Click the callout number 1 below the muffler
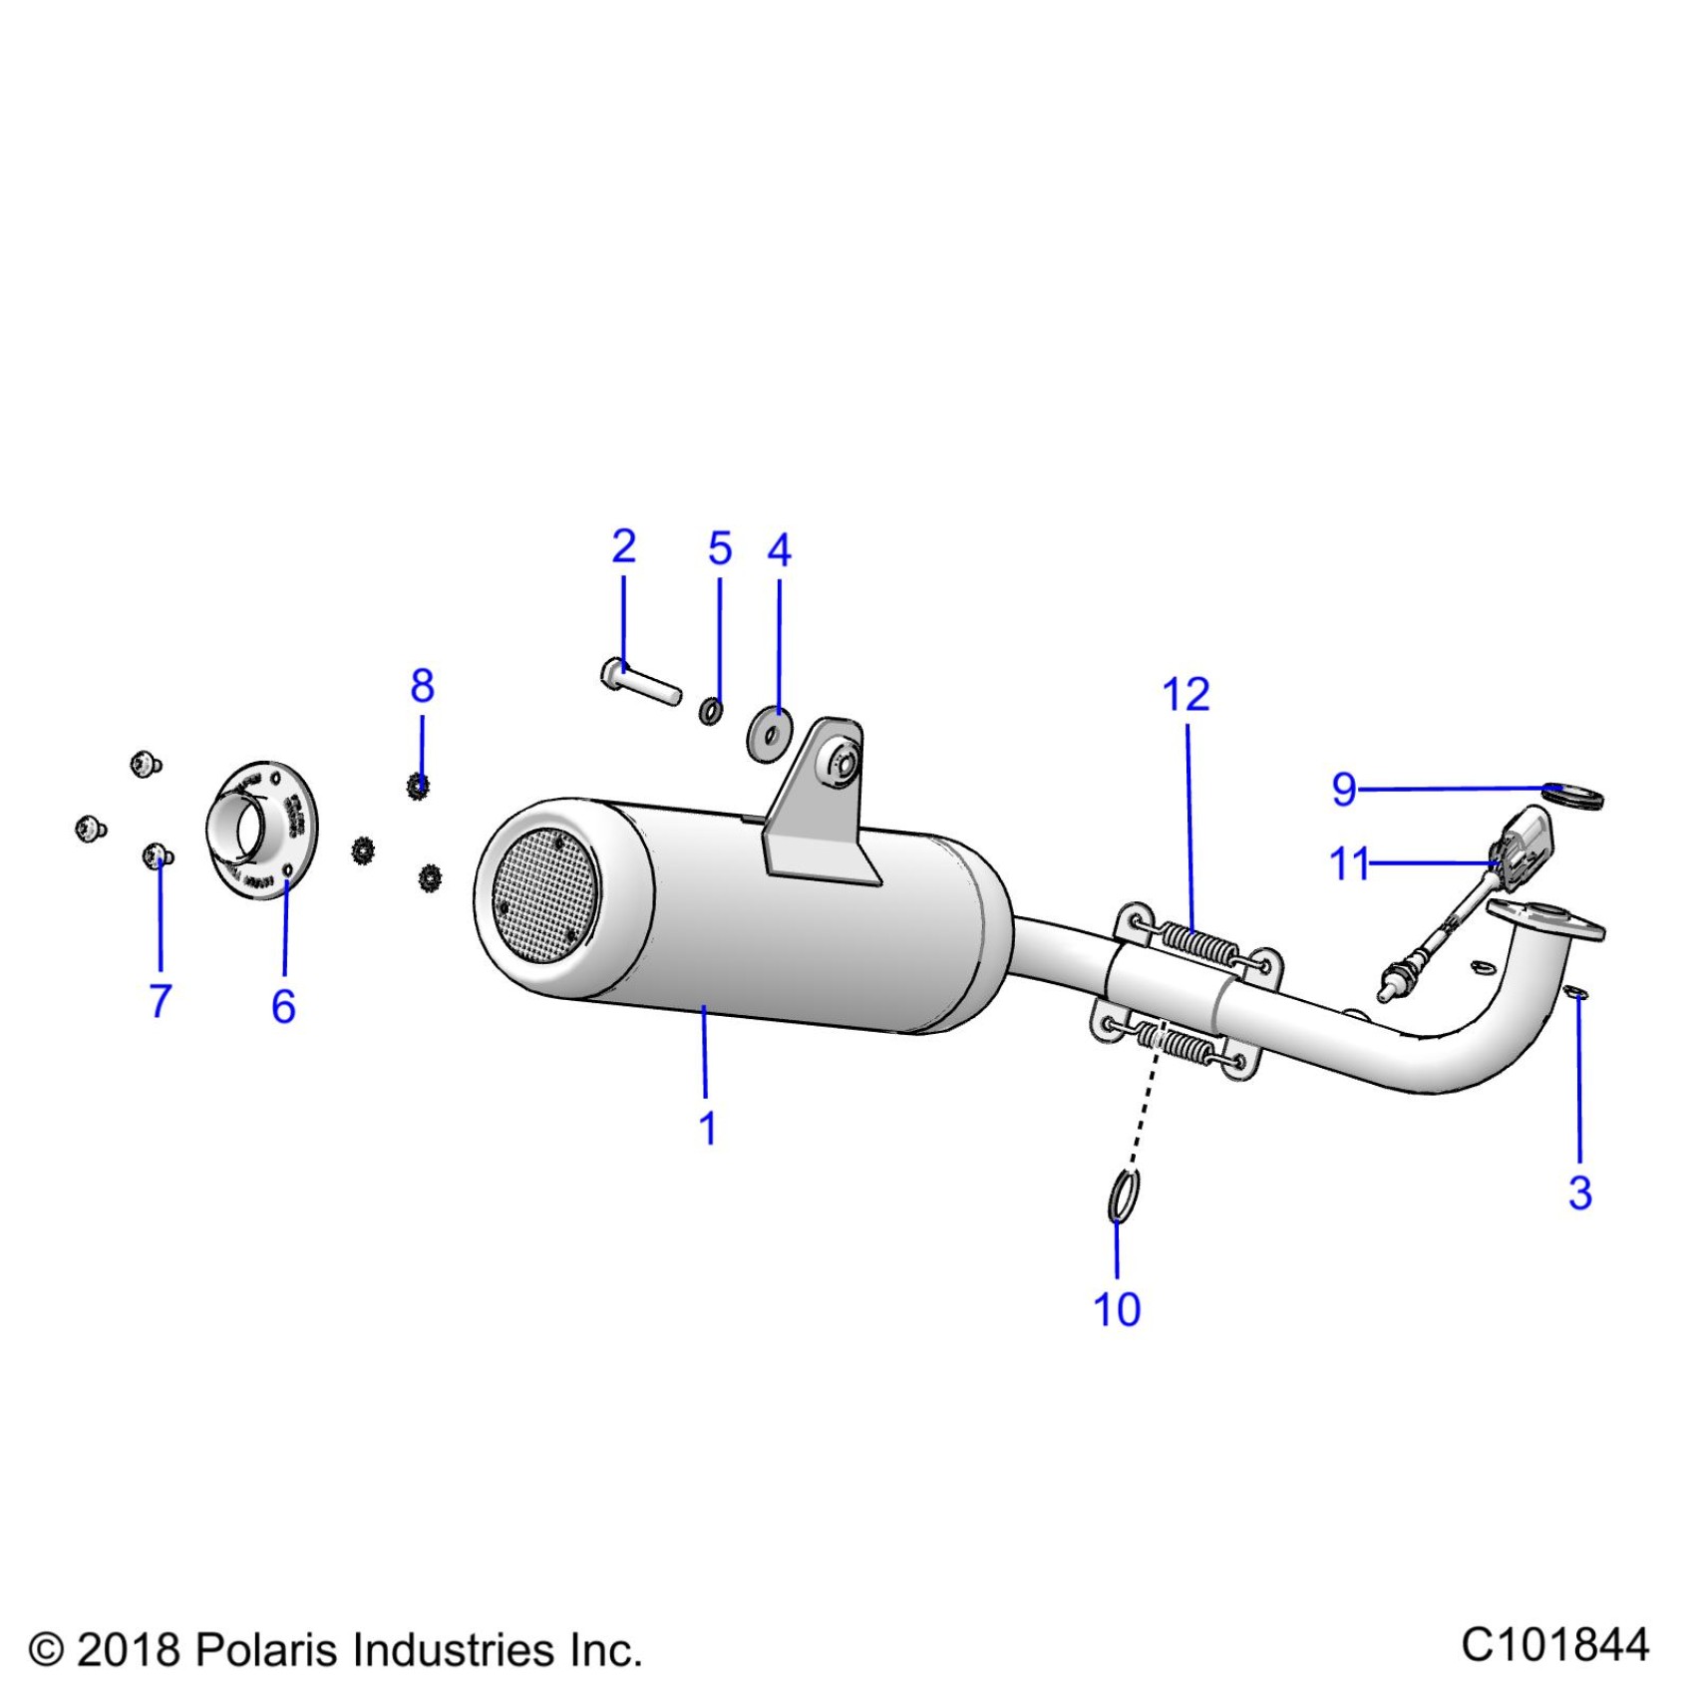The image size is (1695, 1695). [x=708, y=1129]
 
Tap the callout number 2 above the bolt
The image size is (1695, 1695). [x=623, y=546]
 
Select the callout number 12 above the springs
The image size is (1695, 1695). [x=1186, y=694]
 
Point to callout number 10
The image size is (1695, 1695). [x=1117, y=1309]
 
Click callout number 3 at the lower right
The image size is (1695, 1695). [x=1579, y=1192]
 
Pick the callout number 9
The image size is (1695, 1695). [x=1344, y=790]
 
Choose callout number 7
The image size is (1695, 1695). [x=161, y=1000]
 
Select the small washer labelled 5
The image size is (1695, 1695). [x=711, y=712]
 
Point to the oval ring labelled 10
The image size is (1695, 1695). [x=1124, y=1195]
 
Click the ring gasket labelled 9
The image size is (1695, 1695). [x=1573, y=796]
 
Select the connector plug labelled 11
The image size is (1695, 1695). [x=1524, y=849]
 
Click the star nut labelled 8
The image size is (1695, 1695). [x=419, y=787]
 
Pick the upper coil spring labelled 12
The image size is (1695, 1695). [x=1199, y=944]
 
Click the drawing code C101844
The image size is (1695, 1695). [x=1554, y=1645]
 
